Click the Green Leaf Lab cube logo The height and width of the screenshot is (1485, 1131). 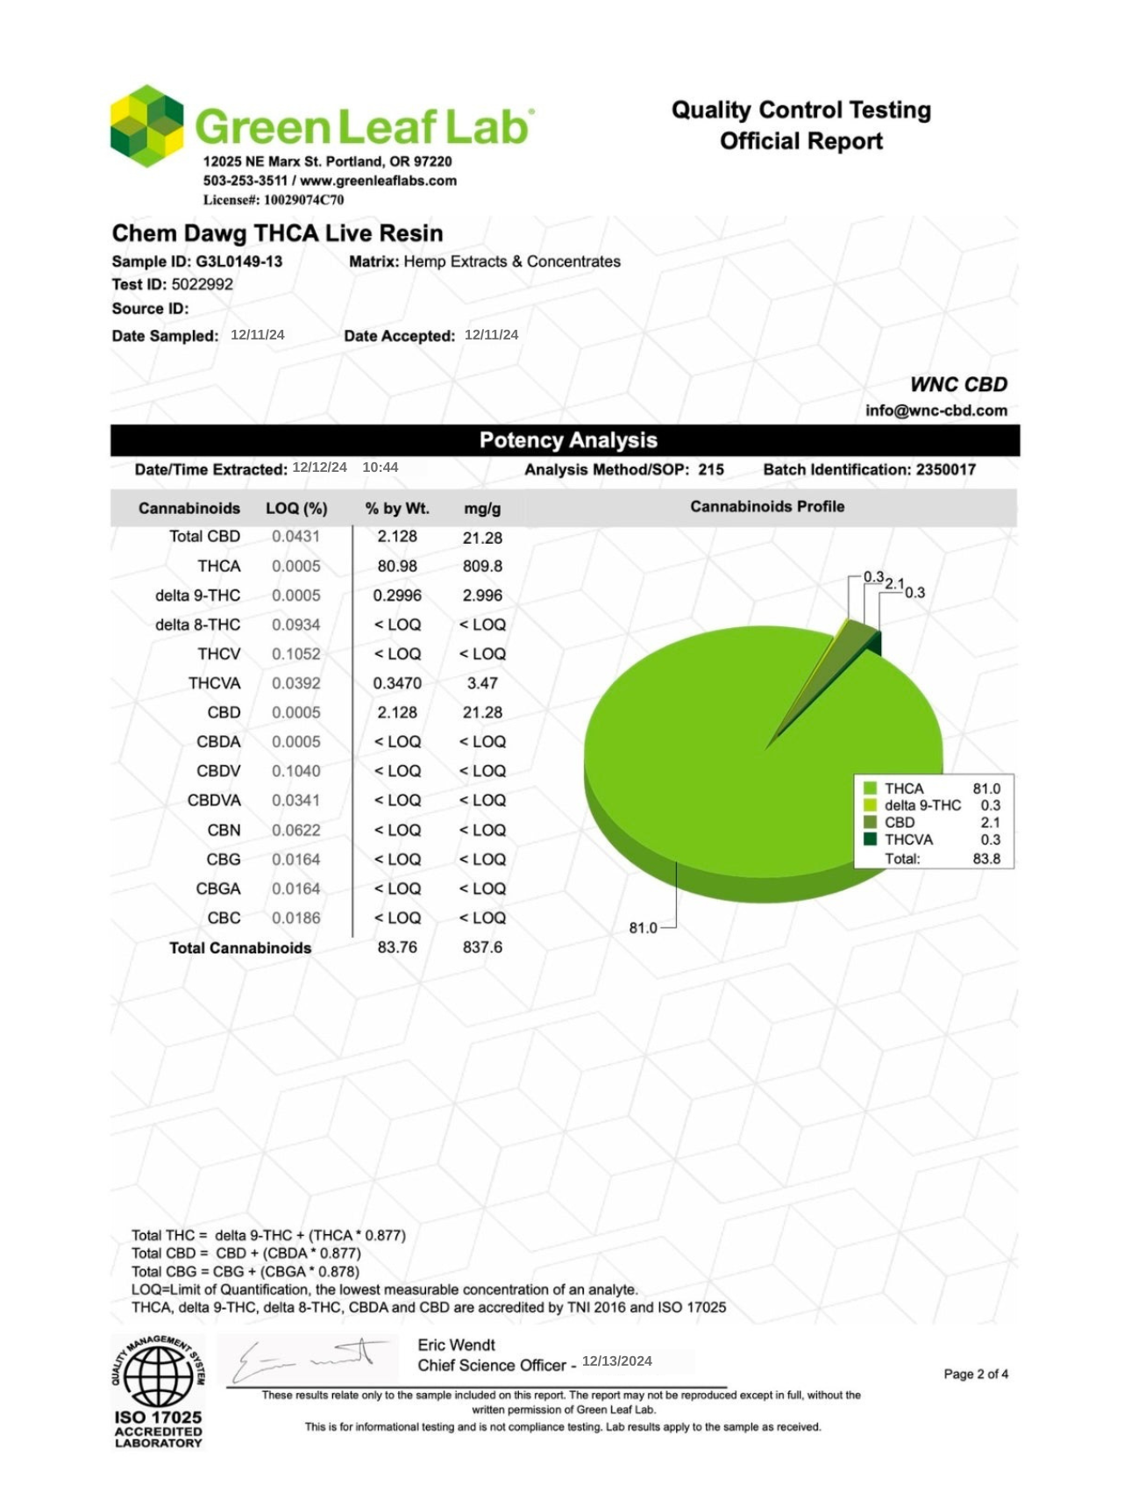pyautogui.click(x=146, y=126)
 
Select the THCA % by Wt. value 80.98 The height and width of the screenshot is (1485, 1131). pyautogui.click(x=397, y=566)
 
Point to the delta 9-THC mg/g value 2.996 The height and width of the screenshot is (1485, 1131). pyautogui.click(x=482, y=596)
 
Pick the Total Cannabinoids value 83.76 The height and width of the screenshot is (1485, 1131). pyautogui.click(x=397, y=947)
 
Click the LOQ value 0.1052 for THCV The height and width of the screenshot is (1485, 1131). pyautogui.click(x=295, y=654)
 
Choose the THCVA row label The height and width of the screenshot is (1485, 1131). pyautogui.click(x=214, y=683)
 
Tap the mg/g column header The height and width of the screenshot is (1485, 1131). pyautogui.click(x=482, y=509)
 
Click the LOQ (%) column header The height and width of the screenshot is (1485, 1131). pyautogui.click(x=296, y=509)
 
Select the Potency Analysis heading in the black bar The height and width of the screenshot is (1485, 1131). pyautogui.click(x=567, y=440)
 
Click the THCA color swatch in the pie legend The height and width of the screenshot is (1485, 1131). pyautogui.click(x=870, y=789)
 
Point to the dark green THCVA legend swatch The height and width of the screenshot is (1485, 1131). pyautogui.click(x=870, y=839)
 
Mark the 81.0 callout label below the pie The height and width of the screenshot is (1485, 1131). pyautogui.click(x=643, y=928)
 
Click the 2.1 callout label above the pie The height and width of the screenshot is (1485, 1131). pyautogui.click(x=893, y=583)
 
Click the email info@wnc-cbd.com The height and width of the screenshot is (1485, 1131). pyautogui.click(x=935, y=411)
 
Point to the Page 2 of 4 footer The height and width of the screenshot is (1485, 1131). pyautogui.click(x=975, y=1374)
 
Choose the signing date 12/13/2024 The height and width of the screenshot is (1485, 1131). pyautogui.click(x=616, y=1361)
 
